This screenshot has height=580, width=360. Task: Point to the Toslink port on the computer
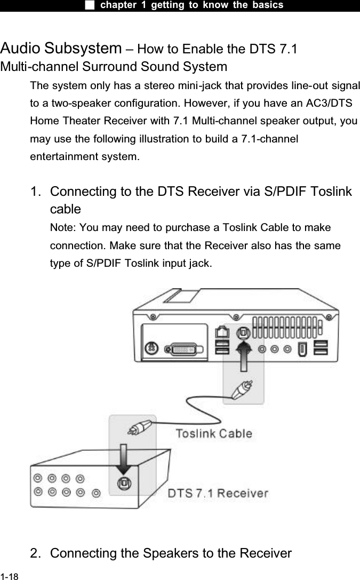point(244,332)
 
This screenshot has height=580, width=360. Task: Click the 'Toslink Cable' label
point(214,433)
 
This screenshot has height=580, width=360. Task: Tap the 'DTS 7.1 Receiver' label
point(218,493)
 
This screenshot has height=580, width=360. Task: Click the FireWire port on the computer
point(301,349)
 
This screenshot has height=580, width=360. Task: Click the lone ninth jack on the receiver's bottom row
point(95,492)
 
